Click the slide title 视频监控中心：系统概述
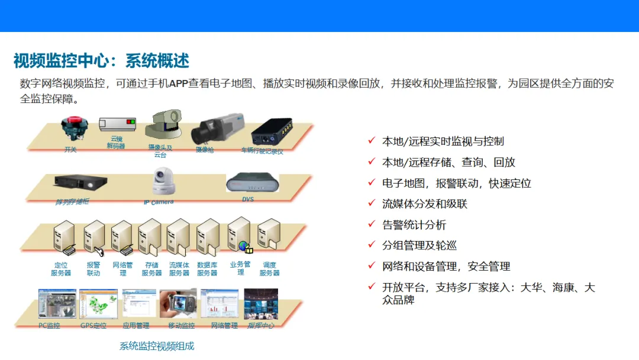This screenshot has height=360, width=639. [101, 61]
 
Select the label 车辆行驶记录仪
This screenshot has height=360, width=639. [262, 151]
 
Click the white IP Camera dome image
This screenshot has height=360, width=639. [163, 181]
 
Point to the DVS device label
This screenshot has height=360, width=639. [248, 200]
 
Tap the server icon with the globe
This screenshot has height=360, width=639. [240, 236]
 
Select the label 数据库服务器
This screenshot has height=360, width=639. [207, 269]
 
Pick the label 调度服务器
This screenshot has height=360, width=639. [269, 269]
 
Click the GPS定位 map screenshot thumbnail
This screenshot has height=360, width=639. [98, 304]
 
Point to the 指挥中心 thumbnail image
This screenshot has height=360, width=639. [261, 304]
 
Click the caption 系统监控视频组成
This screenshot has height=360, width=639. [157, 346]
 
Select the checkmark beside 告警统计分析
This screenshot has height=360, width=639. [372, 224]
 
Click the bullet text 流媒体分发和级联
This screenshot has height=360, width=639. [425, 204]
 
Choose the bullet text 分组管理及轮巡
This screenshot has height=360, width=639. [419, 245]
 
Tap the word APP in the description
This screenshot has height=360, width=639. [179, 83]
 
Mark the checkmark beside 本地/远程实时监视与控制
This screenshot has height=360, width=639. [372, 140]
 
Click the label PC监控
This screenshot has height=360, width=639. [50, 326]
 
